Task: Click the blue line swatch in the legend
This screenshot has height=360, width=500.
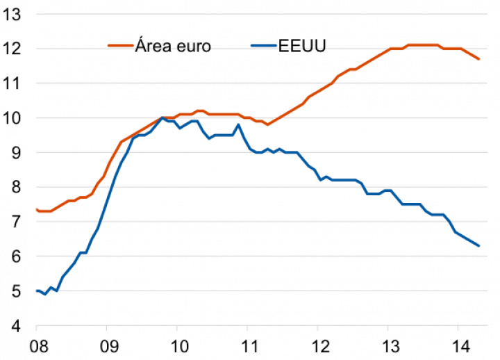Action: click(262, 47)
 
